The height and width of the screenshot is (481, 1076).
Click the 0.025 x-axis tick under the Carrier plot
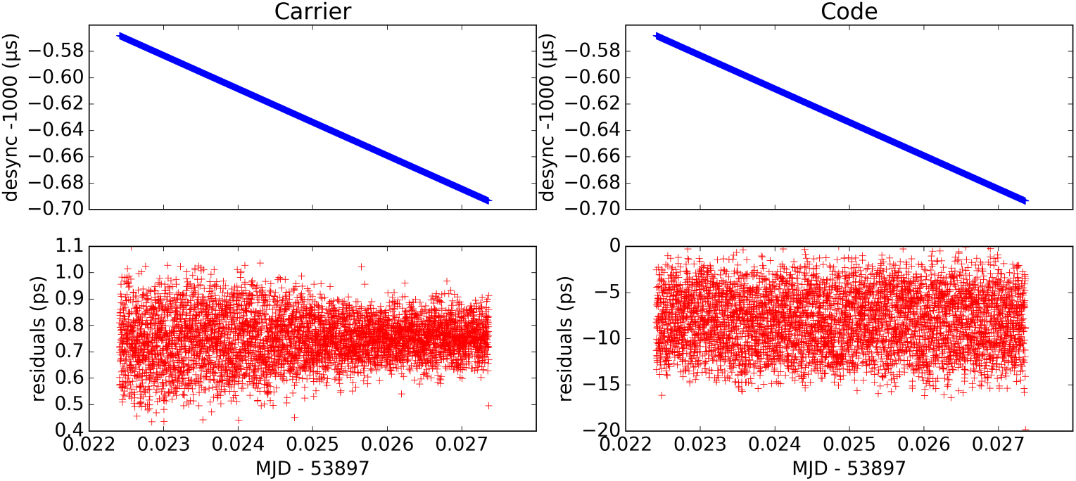(x=312, y=446)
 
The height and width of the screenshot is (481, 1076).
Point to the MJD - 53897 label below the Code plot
(x=849, y=468)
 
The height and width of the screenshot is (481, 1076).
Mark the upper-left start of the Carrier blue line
(x=120, y=35)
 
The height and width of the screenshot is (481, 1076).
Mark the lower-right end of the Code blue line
(x=1025, y=200)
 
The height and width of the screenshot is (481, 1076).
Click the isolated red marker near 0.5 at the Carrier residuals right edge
(x=488, y=406)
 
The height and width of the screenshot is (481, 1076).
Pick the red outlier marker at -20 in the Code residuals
(x=1025, y=430)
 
